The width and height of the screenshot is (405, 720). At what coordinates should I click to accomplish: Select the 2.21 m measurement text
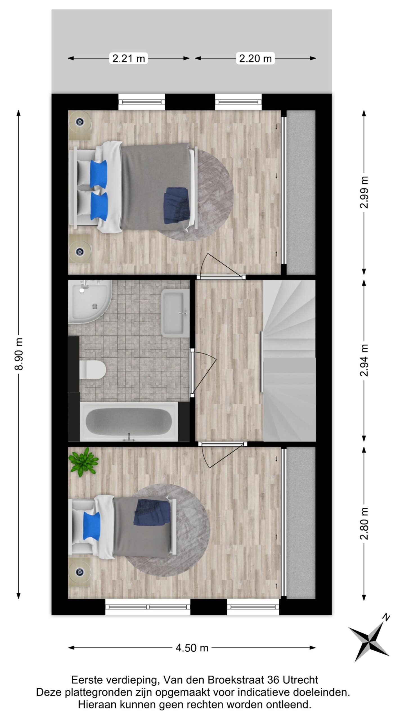[x=129, y=58]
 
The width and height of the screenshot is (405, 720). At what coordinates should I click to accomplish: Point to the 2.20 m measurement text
[x=255, y=58]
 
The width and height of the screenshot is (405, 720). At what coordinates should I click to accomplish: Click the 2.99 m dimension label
[x=364, y=192]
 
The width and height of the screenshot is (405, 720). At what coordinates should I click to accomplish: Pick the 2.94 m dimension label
[x=364, y=360]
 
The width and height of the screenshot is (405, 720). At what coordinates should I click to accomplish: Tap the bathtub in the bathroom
[x=129, y=422]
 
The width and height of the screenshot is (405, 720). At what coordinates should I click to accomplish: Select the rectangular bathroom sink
[x=175, y=313]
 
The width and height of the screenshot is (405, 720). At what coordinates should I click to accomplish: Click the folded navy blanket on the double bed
[x=176, y=206]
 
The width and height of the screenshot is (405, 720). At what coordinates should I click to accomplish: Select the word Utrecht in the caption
[x=300, y=680]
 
